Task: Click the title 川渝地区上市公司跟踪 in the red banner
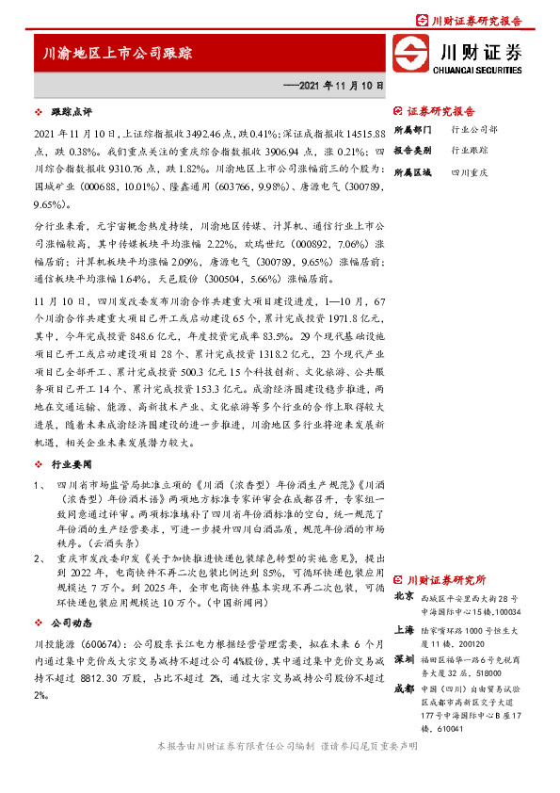click(x=119, y=54)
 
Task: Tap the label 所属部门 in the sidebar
click(x=411, y=128)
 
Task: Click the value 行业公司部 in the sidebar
click(x=474, y=128)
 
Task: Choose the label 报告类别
click(x=411, y=150)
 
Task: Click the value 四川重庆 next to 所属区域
click(x=469, y=173)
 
